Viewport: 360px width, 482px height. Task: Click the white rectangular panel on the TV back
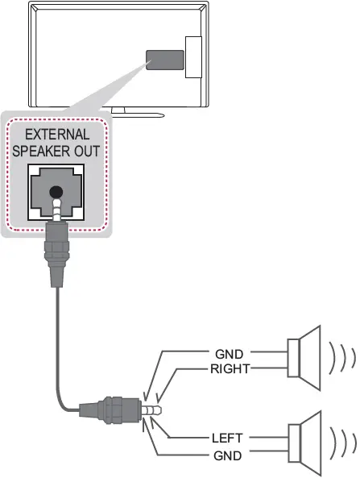(193, 57)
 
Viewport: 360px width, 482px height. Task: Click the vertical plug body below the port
(56, 254)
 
